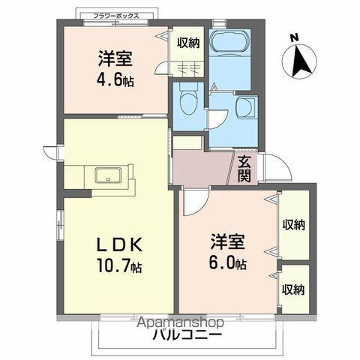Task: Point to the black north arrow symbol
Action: [300, 61]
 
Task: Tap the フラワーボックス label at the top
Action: [118, 14]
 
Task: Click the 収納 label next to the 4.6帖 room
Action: [188, 43]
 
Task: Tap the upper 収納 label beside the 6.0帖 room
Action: [293, 224]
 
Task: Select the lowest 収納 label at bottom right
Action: [293, 289]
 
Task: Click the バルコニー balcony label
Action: [189, 334]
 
